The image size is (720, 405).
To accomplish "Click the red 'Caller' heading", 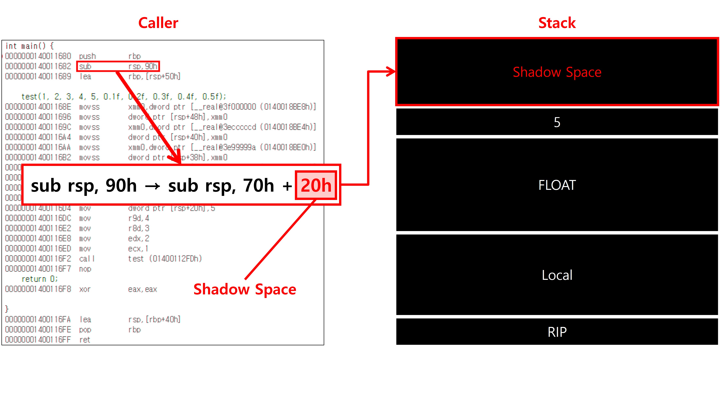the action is click(x=158, y=23).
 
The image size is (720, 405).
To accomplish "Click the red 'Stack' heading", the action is click(x=557, y=23).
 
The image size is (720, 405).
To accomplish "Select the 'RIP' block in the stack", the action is click(x=557, y=332).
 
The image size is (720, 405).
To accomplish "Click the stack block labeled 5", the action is click(x=557, y=122).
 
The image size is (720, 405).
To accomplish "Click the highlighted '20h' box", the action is click(x=316, y=185).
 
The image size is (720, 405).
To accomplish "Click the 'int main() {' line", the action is click(x=29, y=46).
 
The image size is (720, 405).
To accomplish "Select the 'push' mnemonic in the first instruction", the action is click(x=87, y=56).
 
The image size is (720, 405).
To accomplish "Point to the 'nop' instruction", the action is click(x=85, y=269).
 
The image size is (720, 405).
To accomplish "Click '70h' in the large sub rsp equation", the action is click(x=259, y=185).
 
